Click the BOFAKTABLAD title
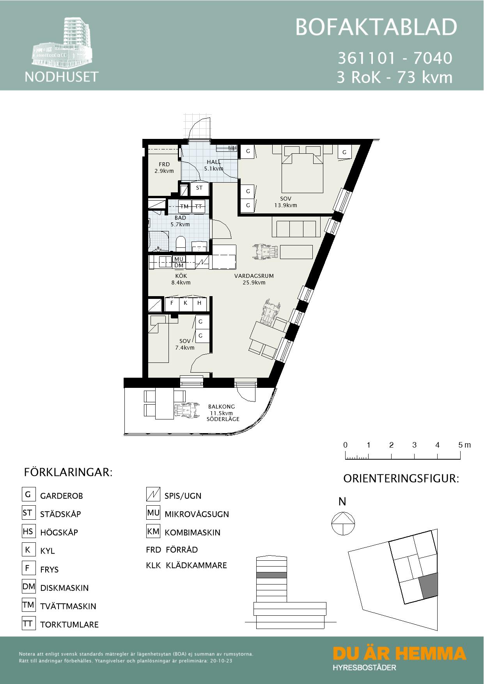click(x=376, y=27)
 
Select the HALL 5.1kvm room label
click(x=214, y=165)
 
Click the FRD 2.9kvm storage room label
click(x=164, y=168)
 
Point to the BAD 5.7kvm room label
click(x=180, y=221)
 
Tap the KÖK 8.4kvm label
click(x=181, y=279)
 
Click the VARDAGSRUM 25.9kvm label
click(x=254, y=279)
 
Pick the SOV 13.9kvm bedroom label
click(x=286, y=202)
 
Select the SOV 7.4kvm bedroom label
click(x=185, y=344)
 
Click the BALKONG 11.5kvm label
click(x=222, y=412)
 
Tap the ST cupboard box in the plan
click(x=199, y=188)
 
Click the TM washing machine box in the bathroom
click(x=184, y=206)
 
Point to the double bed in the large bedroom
click(x=303, y=171)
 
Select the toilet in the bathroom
click(x=181, y=244)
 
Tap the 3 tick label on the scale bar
click(x=414, y=445)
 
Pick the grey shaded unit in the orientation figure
click(x=429, y=586)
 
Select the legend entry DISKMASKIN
click(x=64, y=588)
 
